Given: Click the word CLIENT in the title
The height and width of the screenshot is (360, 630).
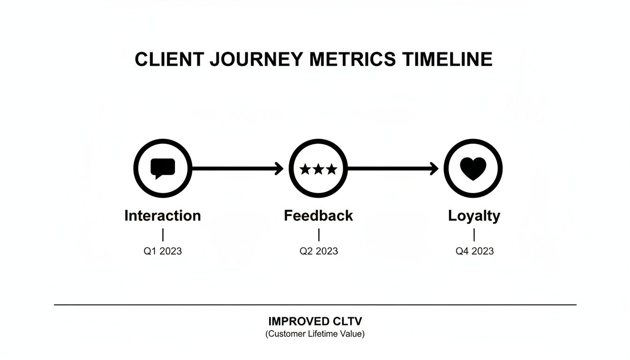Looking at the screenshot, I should pyautogui.click(x=169, y=60).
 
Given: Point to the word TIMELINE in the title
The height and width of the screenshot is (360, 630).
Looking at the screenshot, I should pyautogui.click(x=447, y=60).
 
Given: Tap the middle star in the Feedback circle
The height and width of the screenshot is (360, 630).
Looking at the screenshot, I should pyautogui.click(x=318, y=169).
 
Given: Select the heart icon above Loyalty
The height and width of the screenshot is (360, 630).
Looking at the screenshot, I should pyautogui.click(x=473, y=168).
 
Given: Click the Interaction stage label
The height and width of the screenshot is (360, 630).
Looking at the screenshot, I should pyautogui.click(x=163, y=216).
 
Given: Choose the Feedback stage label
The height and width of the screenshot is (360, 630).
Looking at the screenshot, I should pyautogui.click(x=318, y=216).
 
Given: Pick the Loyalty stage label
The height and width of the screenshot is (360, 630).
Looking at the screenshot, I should pyautogui.click(x=474, y=216).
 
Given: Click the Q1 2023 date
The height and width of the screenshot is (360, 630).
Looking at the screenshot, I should pyautogui.click(x=163, y=251).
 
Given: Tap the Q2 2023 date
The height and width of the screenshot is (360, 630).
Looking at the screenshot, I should pyautogui.click(x=319, y=251).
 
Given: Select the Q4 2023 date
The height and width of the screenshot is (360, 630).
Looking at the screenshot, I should pyautogui.click(x=474, y=251).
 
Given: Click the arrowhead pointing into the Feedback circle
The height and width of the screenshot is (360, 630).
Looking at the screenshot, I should pyautogui.click(x=280, y=168).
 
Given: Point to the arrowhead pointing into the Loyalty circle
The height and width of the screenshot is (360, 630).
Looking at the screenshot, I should pyautogui.click(x=435, y=168).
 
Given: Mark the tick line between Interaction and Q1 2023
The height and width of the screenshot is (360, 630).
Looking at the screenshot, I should pyautogui.click(x=163, y=235).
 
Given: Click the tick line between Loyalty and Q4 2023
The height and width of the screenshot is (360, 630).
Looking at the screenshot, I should pyautogui.click(x=474, y=235).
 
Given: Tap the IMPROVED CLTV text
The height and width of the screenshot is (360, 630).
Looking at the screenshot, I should pyautogui.click(x=315, y=322).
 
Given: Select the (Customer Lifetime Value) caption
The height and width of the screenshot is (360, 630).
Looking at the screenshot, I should pyautogui.click(x=315, y=334).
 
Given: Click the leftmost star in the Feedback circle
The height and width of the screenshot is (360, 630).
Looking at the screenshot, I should pyautogui.click(x=305, y=169).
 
